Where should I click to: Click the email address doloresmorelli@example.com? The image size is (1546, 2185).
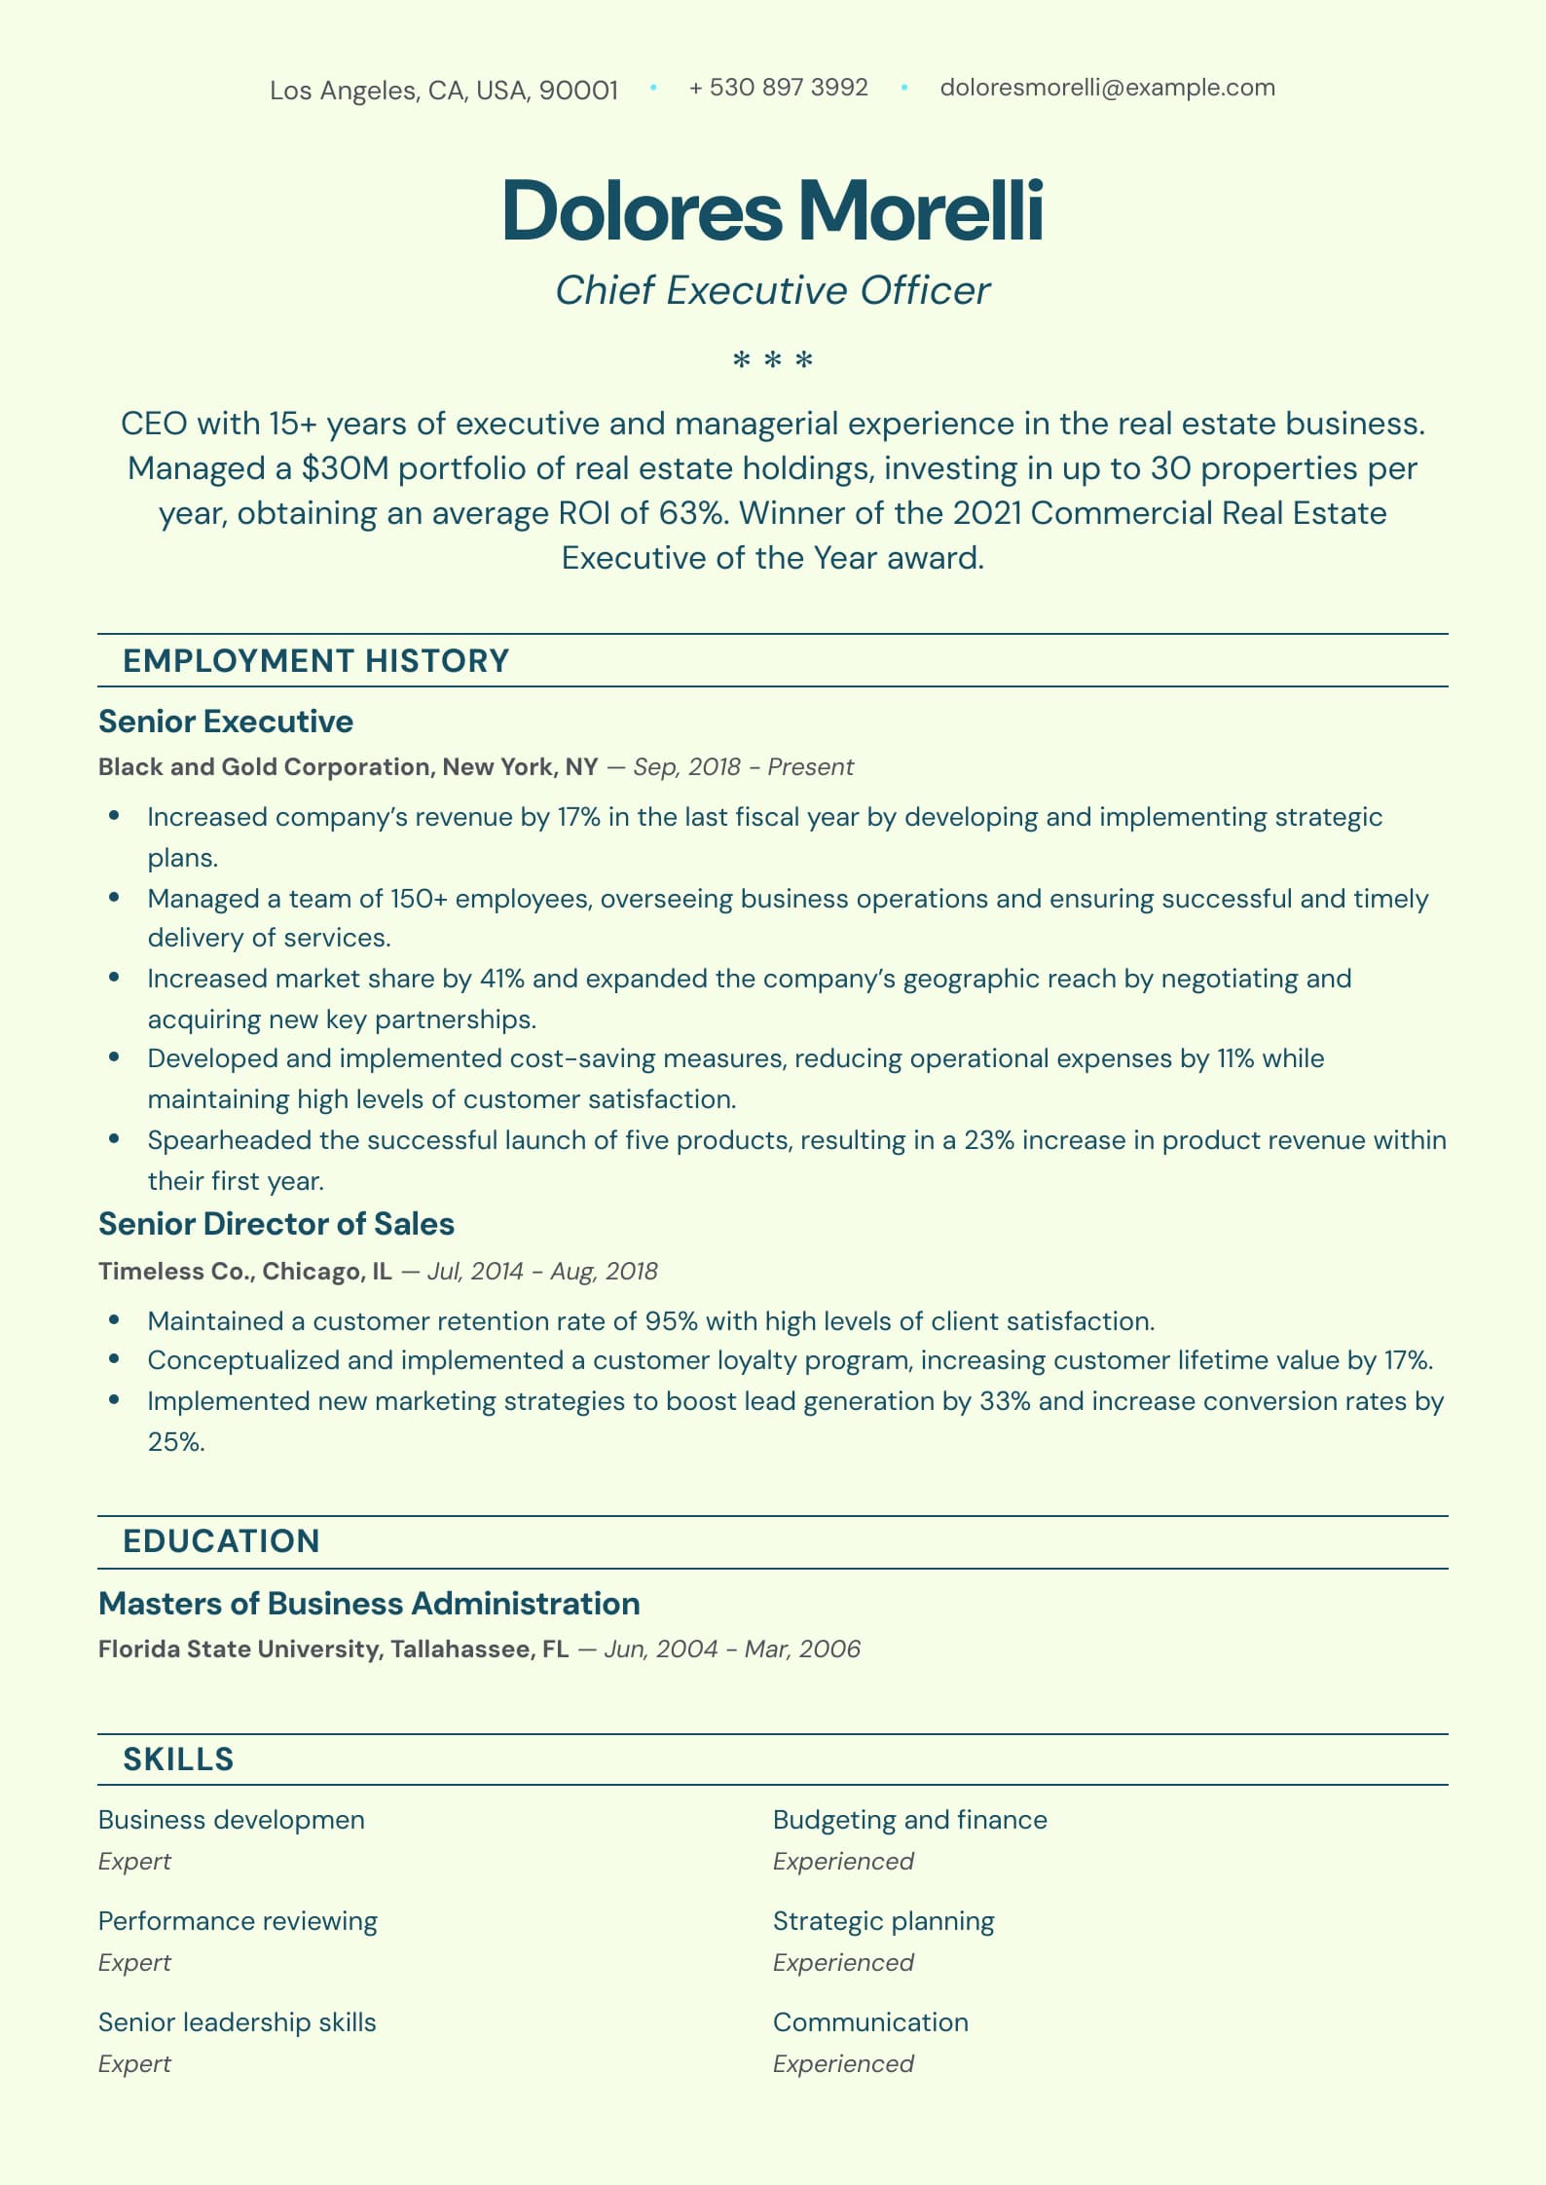(1107, 88)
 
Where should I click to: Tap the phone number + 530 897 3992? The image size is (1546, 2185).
(778, 88)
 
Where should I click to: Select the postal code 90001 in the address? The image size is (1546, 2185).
(578, 91)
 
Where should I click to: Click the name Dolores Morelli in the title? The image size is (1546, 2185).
(773, 210)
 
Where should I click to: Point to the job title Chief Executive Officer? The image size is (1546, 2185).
(773, 290)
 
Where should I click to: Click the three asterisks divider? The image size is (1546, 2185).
(773, 361)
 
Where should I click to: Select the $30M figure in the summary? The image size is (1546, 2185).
(346, 468)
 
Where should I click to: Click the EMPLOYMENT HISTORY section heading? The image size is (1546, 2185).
(315, 661)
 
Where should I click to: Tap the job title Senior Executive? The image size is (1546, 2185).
(226, 722)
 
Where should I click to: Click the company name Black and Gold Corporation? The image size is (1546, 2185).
(264, 767)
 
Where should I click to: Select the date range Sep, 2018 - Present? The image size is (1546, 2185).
(743, 767)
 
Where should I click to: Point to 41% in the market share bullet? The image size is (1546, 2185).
(502, 979)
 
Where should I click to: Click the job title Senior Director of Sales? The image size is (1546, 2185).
(276, 1224)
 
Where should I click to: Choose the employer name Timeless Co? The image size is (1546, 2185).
(175, 1272)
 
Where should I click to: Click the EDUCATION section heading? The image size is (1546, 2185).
(221, 1541)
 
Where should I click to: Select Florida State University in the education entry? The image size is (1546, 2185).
(239, 1649)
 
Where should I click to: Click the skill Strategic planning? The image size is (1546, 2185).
(883, 1921)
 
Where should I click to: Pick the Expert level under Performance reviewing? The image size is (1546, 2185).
(134, 1962)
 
